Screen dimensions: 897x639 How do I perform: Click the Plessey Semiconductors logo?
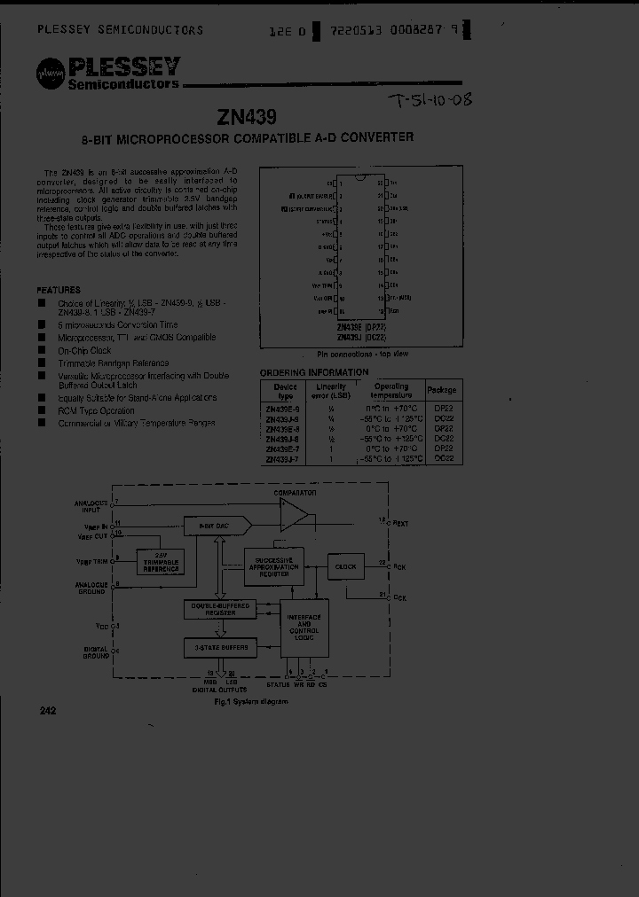tap(108, 73)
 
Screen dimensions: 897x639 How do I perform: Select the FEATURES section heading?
tap(59, 290)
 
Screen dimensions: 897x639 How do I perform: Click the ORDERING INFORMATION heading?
tap(313, 372)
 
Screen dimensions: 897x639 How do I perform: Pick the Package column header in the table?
tap(441, 390)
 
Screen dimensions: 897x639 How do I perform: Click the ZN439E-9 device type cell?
tap(284, 409)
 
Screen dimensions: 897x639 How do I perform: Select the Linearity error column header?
tap(330, 391)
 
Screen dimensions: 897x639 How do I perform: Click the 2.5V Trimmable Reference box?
tap(160, 563)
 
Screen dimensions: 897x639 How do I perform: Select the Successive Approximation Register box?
tap(273, 566)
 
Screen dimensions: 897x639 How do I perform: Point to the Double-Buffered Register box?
tap(217, 609)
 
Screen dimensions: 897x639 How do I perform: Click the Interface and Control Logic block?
tap(304, 630)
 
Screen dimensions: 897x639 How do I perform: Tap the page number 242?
tap(48, 711)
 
